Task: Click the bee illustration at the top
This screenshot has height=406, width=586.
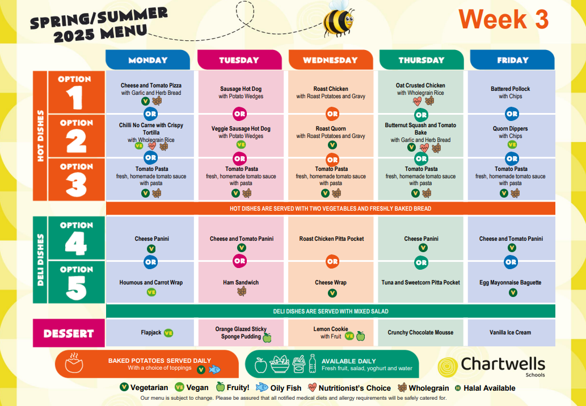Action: click(338, 18)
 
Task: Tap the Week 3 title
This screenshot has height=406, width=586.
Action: click(503, 19)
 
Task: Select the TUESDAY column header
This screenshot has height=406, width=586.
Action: click(239, 60)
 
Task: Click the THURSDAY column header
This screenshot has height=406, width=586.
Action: click(421, 60)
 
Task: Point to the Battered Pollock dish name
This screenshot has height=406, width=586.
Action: click(510, 89)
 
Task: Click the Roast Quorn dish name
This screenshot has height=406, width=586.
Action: click(331, 128)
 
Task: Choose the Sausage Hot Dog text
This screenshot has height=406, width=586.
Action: click(241, 89)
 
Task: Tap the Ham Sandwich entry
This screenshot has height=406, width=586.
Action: click(241, 283)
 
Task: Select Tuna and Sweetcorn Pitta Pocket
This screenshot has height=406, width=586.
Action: click(420, 283)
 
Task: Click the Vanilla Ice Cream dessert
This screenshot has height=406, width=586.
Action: click(510, 332)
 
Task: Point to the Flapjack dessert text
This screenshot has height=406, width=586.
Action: click(151, 332)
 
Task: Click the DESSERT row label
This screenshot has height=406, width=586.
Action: click(69, 333)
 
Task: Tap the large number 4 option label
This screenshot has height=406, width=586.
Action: click(76, 243)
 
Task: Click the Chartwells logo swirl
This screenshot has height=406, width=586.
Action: click(448, 367)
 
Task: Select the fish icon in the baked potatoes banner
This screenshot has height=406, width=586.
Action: click(214, 370)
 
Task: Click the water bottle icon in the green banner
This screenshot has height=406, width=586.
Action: click(313, 363)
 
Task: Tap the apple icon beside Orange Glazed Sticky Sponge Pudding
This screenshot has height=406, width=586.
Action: click(267, 337)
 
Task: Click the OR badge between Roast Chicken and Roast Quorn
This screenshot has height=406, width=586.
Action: click(332, 114)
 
